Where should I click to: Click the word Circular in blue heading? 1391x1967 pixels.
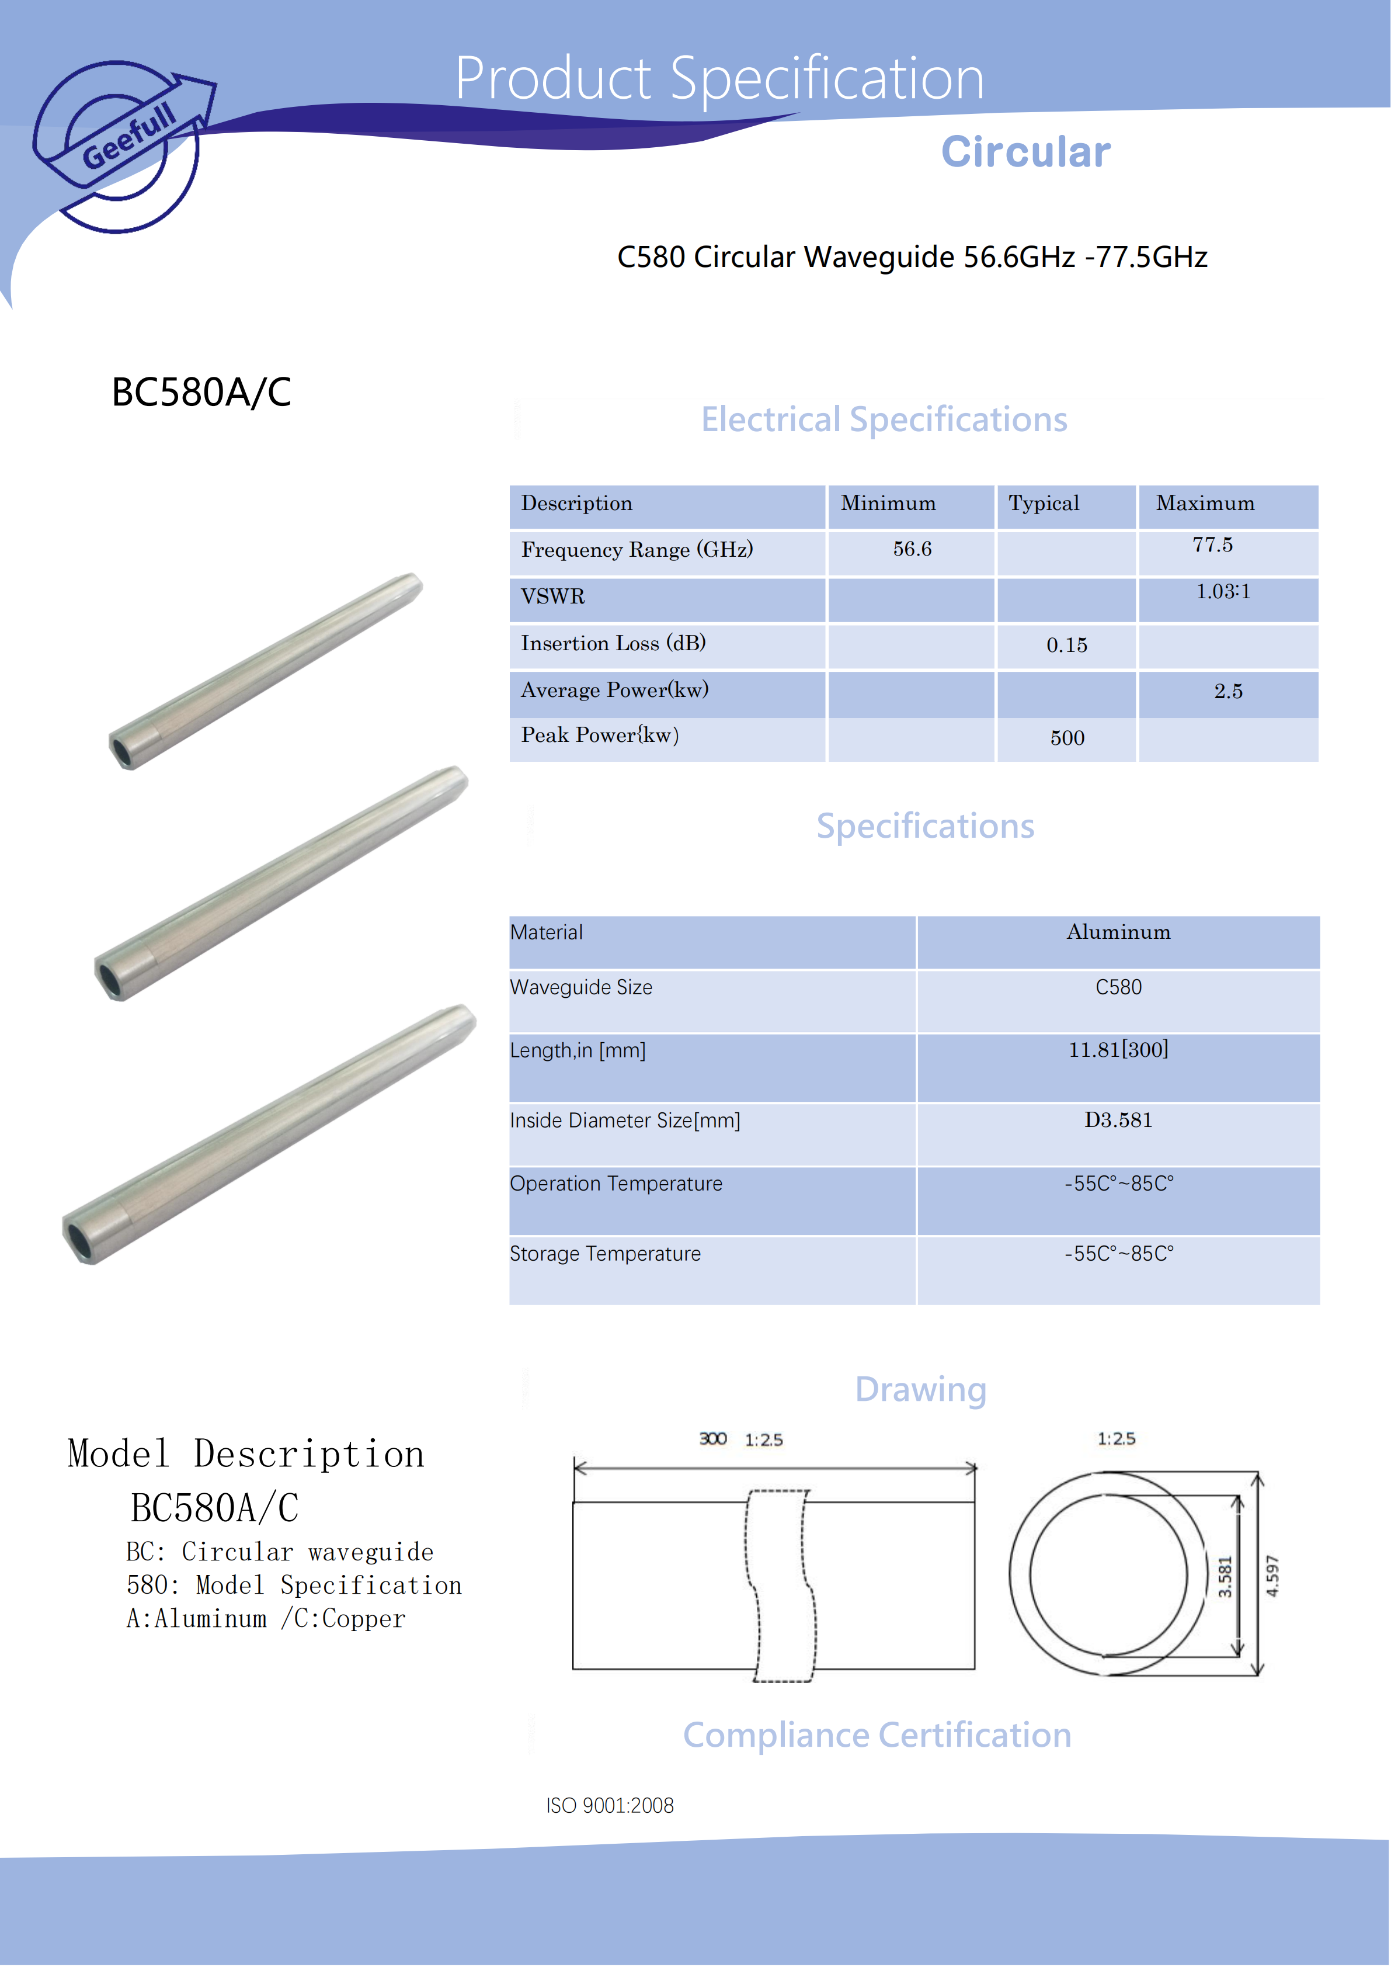tap(1025, 152)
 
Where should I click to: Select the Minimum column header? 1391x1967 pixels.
tap(888, 504)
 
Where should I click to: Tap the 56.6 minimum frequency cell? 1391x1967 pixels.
tap(912, 549)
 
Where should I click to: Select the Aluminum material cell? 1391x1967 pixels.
tap(1118, 933)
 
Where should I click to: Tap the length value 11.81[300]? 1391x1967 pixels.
tap(1118, 1050)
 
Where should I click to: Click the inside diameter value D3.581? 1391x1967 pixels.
tap(1118, 1120)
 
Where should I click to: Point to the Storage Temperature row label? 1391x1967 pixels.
tap(605, 1254)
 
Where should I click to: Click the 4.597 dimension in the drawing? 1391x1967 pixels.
tap(1272, 1576)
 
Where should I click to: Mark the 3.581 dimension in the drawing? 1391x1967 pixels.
tap(1225, 1576)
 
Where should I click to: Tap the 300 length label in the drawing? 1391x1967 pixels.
tap(712, 1439)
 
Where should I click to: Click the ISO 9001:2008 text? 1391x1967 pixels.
tap(610, 1806)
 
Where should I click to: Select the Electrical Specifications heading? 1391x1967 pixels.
tap(884, 420)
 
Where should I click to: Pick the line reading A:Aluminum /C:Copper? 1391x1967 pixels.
tap(266, 1619)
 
